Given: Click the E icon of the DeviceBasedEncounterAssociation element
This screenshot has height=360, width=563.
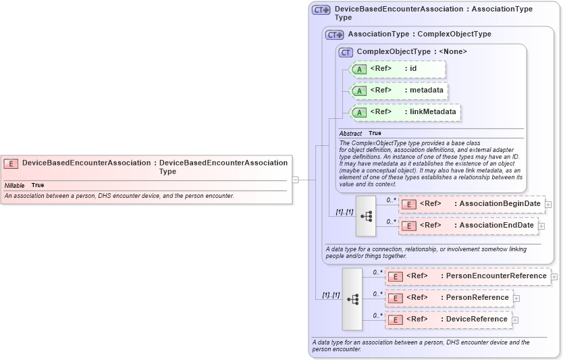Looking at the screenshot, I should point(11,163).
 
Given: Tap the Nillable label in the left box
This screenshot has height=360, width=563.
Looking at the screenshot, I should point(14,185).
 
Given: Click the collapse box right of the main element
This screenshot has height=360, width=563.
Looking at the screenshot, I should point(295,180).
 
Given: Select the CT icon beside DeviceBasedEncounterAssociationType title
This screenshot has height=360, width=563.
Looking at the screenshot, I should point(321,10).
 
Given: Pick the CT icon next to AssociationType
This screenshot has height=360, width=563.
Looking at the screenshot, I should point(334,34).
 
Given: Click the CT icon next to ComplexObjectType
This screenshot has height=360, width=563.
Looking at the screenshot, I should point(346,52).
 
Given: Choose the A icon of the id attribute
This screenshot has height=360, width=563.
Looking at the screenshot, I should point(359,69).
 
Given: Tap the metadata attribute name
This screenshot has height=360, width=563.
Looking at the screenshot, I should point(426,90).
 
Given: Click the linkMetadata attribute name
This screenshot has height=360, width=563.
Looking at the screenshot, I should point(432,111).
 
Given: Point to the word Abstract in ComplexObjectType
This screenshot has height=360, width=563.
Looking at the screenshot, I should point(350,133).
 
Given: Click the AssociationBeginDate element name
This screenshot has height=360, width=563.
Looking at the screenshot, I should point(500,203).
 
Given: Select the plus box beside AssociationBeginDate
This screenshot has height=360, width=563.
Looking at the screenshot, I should point(548,204).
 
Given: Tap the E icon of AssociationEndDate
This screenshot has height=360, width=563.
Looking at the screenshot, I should point(408,226).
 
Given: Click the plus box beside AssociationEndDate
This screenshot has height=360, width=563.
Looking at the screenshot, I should point(541,226).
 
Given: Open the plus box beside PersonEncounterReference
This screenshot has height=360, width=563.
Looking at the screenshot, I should point(554,276).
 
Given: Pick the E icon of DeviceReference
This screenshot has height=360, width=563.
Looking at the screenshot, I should point(395,319).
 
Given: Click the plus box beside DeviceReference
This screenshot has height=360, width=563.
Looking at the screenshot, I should point(515,319).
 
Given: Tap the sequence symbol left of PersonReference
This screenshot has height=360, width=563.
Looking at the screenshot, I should point(352,299).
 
